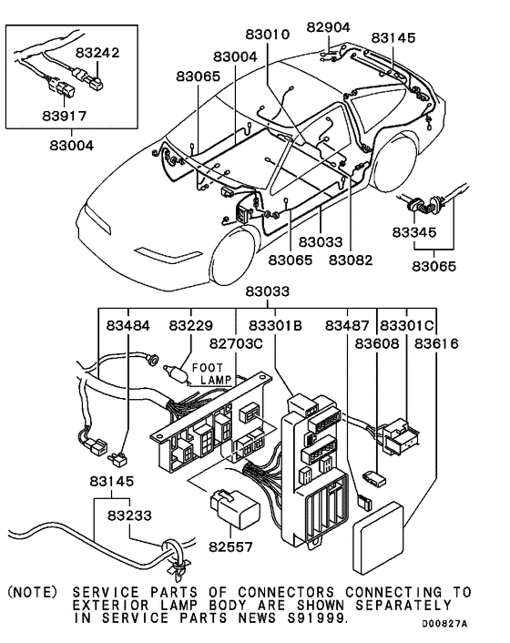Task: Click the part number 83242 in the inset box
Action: (97, 53)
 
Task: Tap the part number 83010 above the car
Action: (267, 35)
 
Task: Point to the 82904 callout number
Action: (328, 26)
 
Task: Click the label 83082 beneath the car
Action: (351, 260)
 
